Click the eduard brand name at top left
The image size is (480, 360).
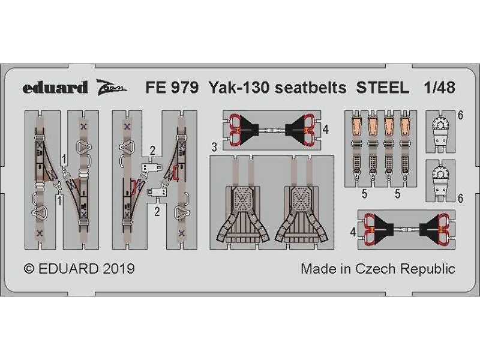coord(55,88)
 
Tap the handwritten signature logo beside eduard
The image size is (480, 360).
coord(112,87)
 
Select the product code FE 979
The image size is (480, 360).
coord(172,88)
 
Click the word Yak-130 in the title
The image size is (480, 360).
coord(239,88)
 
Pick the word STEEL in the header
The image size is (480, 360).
coord(382,88)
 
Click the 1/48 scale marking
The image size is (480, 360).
coord(439,88)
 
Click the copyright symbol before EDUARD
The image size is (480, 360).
coord(29,269)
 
